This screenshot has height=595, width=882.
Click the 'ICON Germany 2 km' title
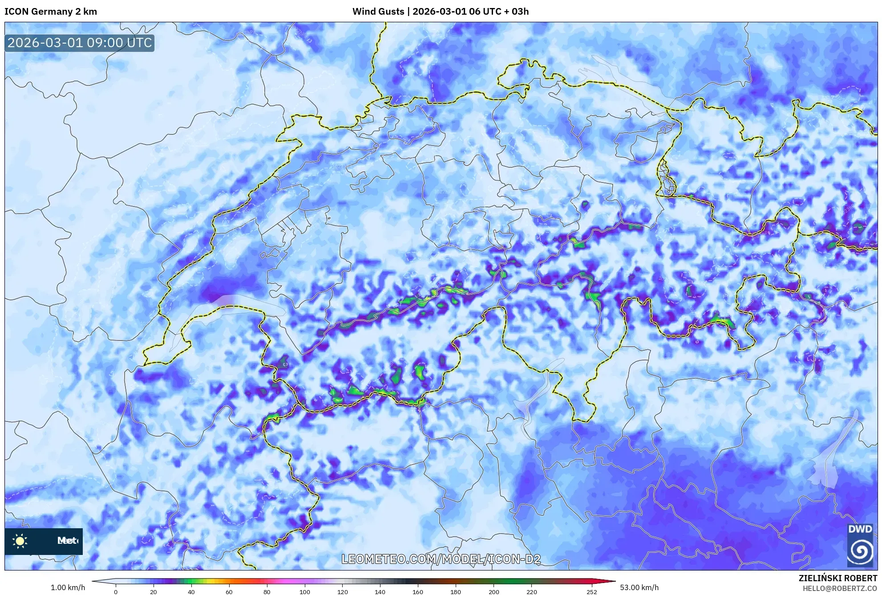51,12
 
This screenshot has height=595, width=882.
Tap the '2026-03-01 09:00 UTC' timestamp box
80,43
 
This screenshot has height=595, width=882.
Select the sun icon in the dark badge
20,541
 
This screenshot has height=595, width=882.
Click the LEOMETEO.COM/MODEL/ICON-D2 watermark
441,559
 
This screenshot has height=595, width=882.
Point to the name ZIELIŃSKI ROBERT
837,578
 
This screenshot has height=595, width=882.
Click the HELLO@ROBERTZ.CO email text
840,588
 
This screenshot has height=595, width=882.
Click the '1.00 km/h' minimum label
68,587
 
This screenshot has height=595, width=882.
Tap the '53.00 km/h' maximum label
639,587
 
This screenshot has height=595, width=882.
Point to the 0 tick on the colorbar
116,592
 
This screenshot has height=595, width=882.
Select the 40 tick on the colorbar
191,592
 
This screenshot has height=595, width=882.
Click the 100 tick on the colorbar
304,592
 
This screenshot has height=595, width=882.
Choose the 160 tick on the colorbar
418,592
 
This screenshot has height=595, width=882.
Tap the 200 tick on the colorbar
494,592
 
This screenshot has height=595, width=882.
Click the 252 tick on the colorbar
591,592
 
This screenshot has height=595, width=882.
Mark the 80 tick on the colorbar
267,592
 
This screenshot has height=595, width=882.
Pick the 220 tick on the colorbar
531,592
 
